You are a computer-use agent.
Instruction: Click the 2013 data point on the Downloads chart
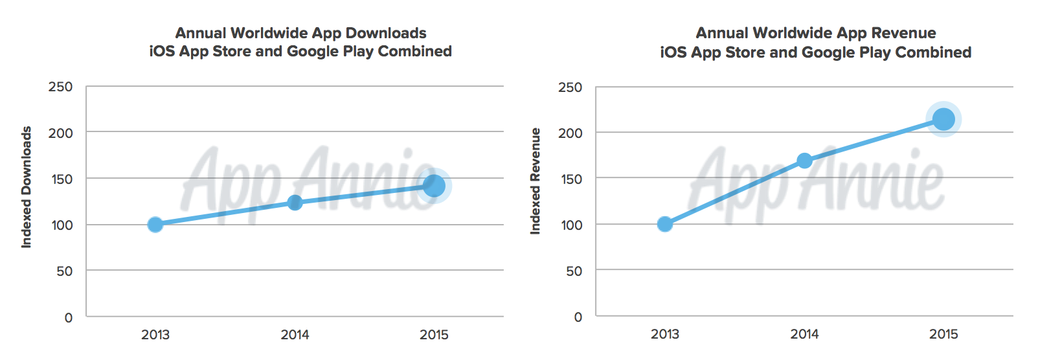[155, 225]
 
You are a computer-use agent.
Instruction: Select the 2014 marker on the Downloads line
[295, 203]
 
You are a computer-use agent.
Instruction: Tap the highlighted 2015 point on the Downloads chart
[434, 186]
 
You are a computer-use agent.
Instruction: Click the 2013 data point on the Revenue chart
[665, 224]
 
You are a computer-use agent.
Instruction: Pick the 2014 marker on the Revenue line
[804, 161]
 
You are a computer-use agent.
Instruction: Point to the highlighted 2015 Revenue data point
[943, 119]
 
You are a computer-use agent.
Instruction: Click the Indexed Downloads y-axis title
[27, 187]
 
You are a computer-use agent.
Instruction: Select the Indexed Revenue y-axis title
[536, 181]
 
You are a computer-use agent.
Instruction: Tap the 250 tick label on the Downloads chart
[60, 87]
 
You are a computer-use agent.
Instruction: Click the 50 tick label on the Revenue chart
[574, 271]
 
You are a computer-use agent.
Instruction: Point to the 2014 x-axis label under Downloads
[295, 335]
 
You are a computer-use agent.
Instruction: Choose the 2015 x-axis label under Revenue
[943, 334]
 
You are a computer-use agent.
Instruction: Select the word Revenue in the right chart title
[903, 33]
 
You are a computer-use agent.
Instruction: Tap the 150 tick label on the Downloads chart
[62, 179]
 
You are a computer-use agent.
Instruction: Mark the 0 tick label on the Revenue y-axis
[578, 317]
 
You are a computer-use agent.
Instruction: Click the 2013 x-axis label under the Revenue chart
[665, 334]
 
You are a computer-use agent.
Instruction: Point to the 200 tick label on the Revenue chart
[570, 133]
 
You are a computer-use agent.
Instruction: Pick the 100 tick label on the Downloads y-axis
[62, 225]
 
